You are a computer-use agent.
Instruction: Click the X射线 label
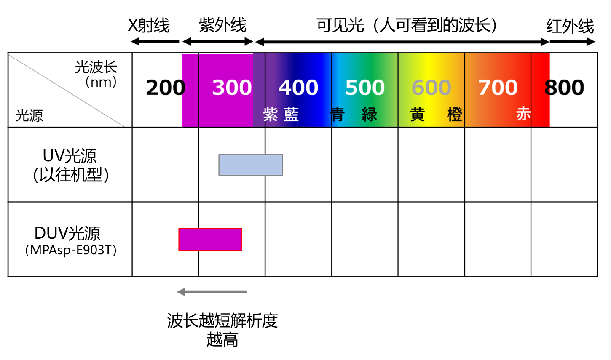point(149,25)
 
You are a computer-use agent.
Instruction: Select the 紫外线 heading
point(222,25)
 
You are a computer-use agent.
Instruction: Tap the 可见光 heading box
point(410,25)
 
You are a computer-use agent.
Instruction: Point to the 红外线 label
point(570,26)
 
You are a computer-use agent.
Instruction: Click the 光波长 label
point(96,67)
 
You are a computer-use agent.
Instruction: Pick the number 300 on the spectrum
point(232,88)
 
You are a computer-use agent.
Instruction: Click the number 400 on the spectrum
point(298,88)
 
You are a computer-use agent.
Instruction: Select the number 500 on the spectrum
point(365,88)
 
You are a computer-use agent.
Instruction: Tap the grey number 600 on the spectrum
point(431,88)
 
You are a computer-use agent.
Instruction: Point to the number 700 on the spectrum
point(498,88)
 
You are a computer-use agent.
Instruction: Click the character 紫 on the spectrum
point(271,114)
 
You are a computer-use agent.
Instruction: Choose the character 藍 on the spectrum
point(291,114)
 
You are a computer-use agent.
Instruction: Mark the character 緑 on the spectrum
point(369,114)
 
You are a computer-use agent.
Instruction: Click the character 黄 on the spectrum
point(418,114)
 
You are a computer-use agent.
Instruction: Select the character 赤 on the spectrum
point(523,114)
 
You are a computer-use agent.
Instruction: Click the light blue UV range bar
point(250,165)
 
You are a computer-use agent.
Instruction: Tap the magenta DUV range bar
point(210,239)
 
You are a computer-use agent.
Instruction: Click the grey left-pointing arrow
point(211,291)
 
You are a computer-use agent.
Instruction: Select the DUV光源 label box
point(71,240)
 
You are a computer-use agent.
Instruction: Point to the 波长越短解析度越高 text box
point(222,329)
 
